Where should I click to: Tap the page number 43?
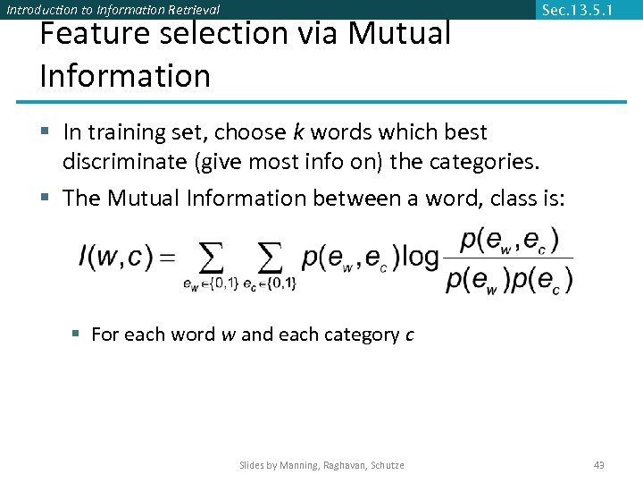pos(599,464)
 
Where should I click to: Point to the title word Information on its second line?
pos(125,76)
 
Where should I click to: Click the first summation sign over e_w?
pos(211,258)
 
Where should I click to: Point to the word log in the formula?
pos(420,257)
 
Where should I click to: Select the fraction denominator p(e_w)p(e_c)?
pos(509,279)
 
